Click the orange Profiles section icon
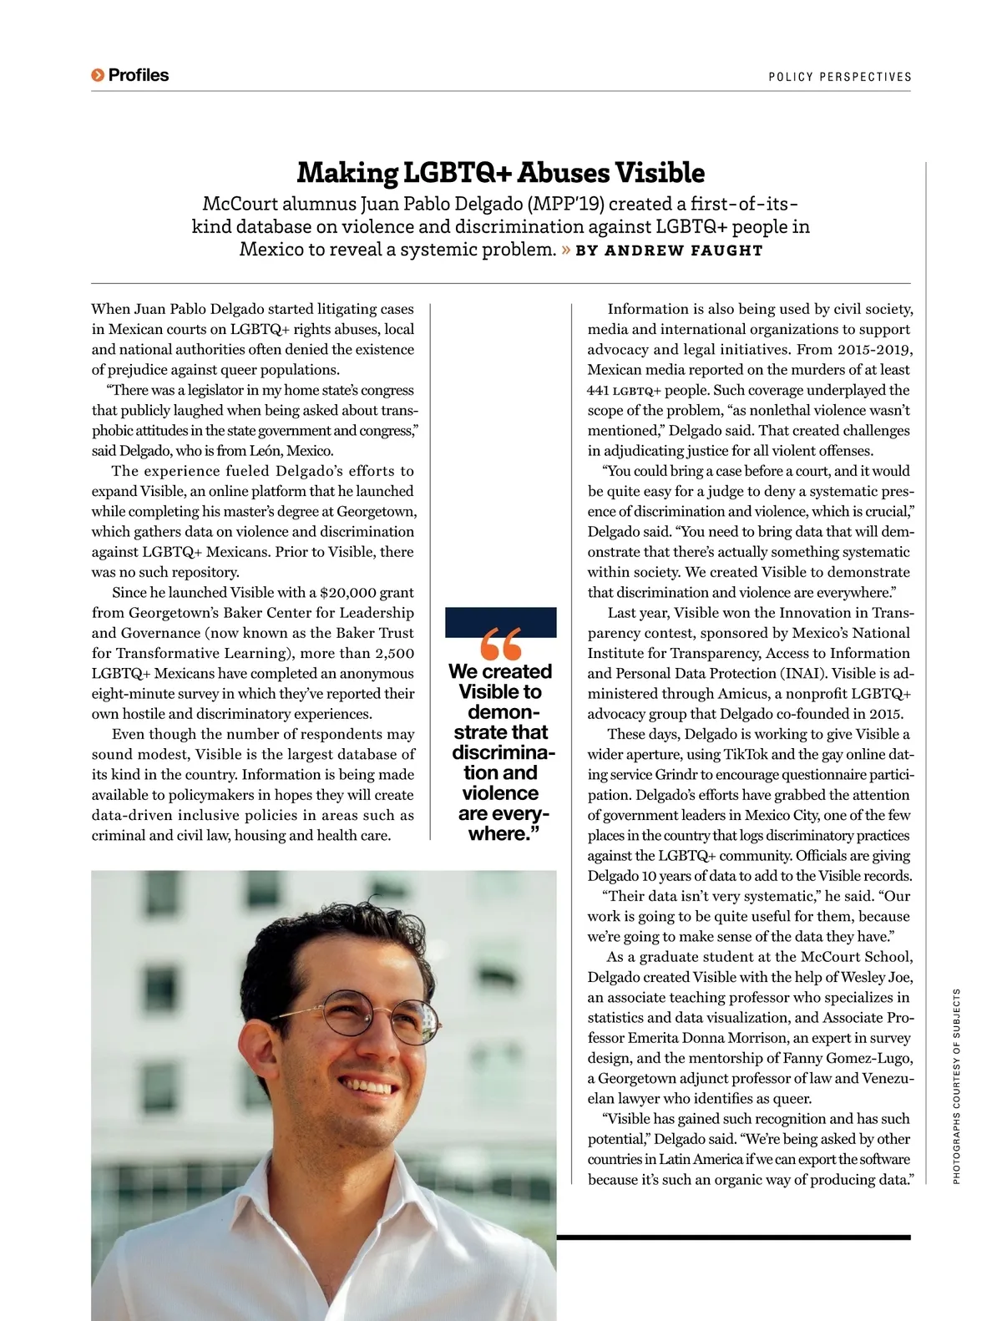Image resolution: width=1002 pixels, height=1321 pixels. point(98,76)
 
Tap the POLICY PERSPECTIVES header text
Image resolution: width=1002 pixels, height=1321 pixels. point(839,77)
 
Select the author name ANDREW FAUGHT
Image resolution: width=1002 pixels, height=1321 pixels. point(684,251)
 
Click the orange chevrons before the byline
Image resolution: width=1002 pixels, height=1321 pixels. point(566,250)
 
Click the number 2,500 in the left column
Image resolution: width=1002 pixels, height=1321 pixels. point(394,654)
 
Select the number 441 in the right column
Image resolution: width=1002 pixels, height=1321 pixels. point(598,391)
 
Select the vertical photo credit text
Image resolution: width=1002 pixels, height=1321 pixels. point(957,1086)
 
